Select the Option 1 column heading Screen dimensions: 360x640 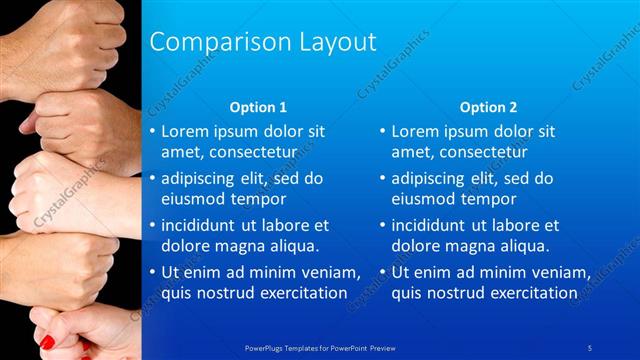coord(258,107)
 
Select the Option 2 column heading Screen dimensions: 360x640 coord(489,107)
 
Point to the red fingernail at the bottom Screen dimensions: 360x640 coord(46,342)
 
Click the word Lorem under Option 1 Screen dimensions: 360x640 coord(186,131)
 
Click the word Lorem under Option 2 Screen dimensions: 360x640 coord(416,131)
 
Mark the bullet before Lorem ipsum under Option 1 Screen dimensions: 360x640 coord(152,131)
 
